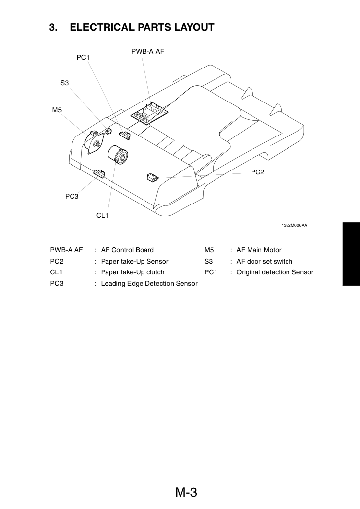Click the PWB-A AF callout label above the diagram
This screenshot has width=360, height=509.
(x=147, y=51)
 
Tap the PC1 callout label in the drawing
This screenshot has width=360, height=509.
(x=83, y=58)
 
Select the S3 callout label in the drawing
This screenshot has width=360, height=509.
(x=64, y=83)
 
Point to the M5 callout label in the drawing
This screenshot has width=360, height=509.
(x=57, y=110)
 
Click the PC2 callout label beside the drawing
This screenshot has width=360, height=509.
(x=257, y=172)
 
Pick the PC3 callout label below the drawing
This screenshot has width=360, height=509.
(x=72, y=197)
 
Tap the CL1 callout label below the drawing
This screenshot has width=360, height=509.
(x=103, y=215)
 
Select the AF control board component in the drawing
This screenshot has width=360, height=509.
(x=150, y=113)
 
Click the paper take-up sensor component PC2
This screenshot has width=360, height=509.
(x=152, y=177)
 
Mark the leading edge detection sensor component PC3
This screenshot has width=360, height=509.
(x=100, y=173)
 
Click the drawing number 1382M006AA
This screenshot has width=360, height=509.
(x=294, y=225)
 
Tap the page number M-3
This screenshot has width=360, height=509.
(x=186, y=492)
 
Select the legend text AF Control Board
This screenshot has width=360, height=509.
(x=127, y=250)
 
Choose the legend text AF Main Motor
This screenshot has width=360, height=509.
(x=259, y=250)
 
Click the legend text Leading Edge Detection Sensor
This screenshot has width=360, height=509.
(x=149, y=284)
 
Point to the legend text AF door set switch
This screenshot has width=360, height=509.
(x=264, y=262)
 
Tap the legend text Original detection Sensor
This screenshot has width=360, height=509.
(x=275, y=272)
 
